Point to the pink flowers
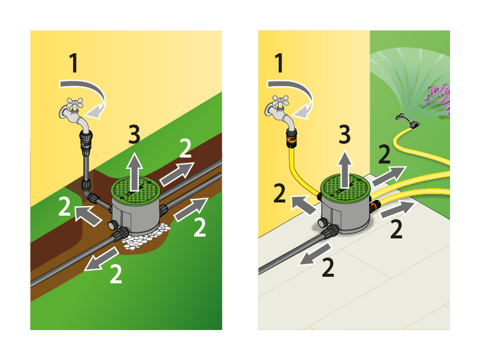[436, 98]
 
